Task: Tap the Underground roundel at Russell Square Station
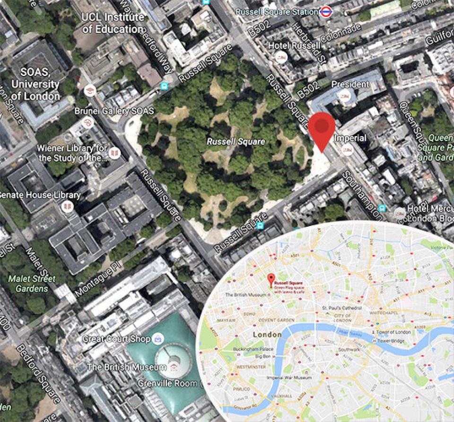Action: (325, 12)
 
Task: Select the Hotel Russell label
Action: (294, 46)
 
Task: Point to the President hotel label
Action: (350, 84)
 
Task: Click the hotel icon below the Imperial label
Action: (347, 150)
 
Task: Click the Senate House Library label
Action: (40, 195)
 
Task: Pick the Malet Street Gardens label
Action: (32, 283)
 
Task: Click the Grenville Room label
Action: (167, 383)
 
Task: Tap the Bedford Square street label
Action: (38, 373)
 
